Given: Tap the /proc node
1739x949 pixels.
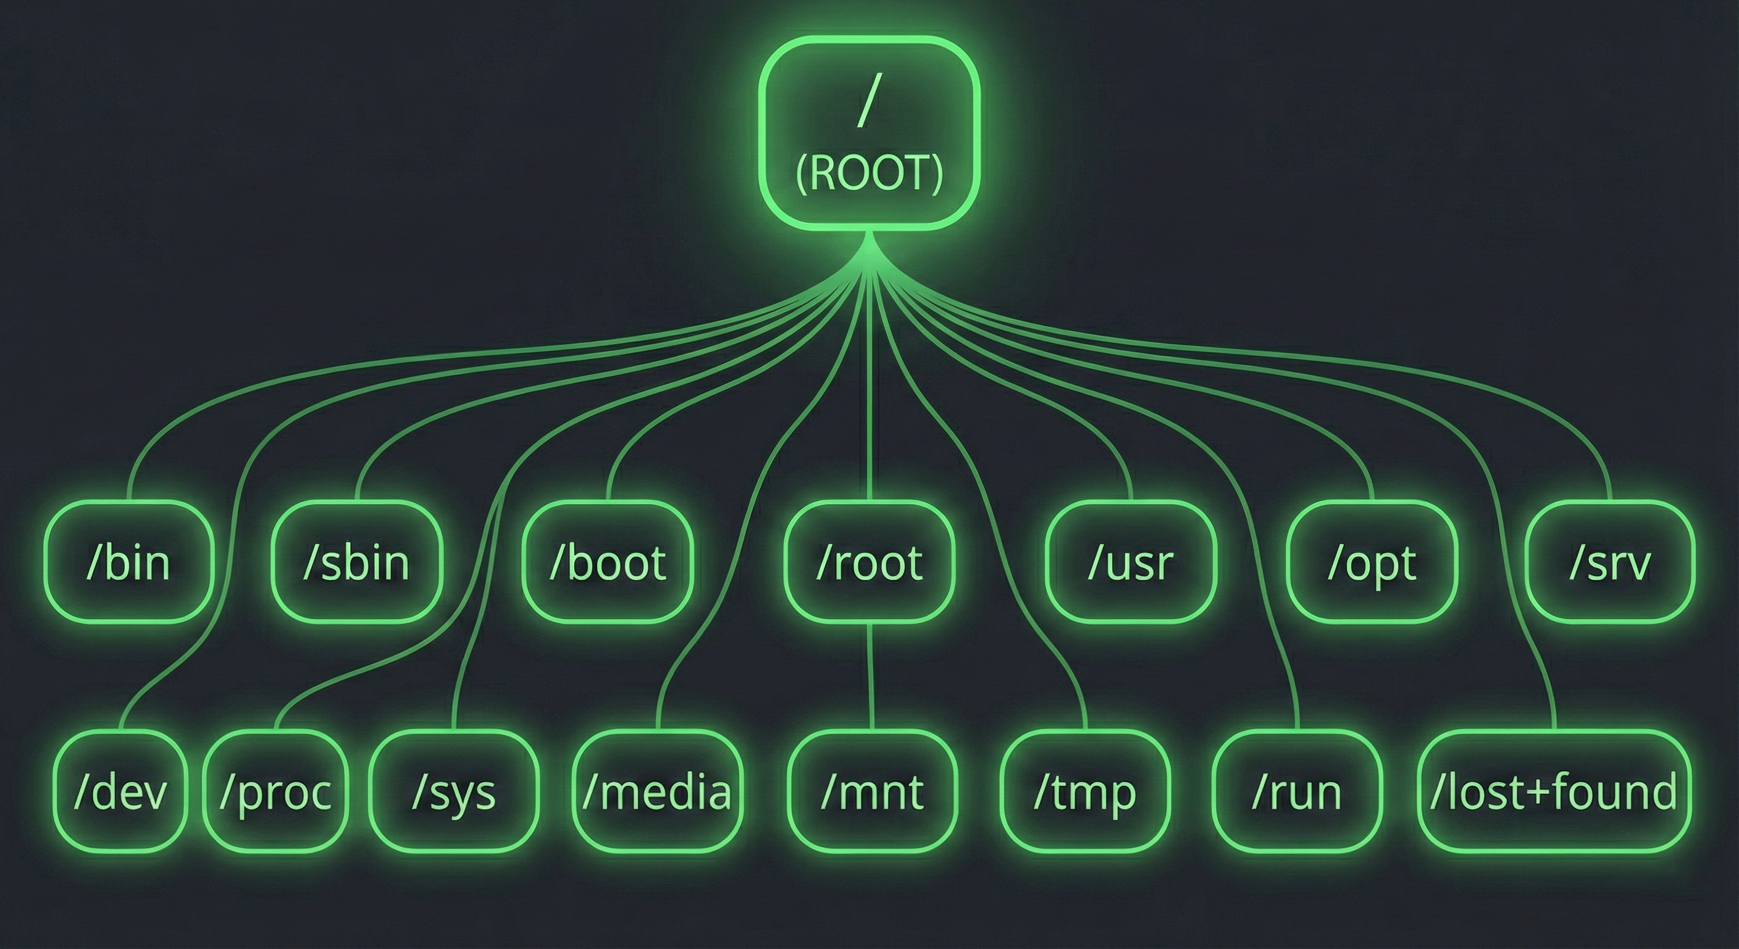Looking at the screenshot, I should pos(275,791).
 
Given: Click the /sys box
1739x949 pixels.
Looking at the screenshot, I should pos(454,791).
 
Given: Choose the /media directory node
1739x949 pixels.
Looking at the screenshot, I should pos(657,791).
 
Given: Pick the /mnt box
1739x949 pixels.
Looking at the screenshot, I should pos(873,791).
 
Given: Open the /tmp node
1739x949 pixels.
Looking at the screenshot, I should pos(1085,791).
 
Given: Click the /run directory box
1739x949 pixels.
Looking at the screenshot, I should pos(1297,791).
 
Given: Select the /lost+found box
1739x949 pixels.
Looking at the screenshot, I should pos(1554,791).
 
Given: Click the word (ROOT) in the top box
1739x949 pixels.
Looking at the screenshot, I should pos(869,174).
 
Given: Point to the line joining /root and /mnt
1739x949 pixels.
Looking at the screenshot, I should pos(871,675).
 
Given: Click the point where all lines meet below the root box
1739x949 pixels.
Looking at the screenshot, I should pos(869,253).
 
